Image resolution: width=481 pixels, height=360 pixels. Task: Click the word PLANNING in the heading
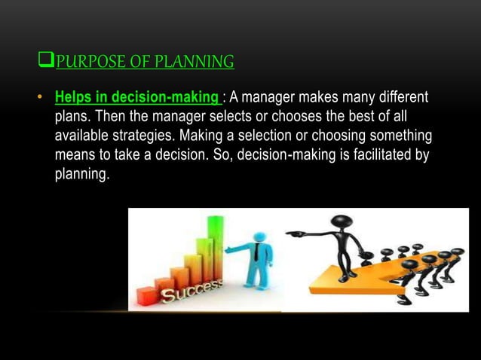[194, 61]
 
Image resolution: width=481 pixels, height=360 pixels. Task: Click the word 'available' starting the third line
[81, 137]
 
